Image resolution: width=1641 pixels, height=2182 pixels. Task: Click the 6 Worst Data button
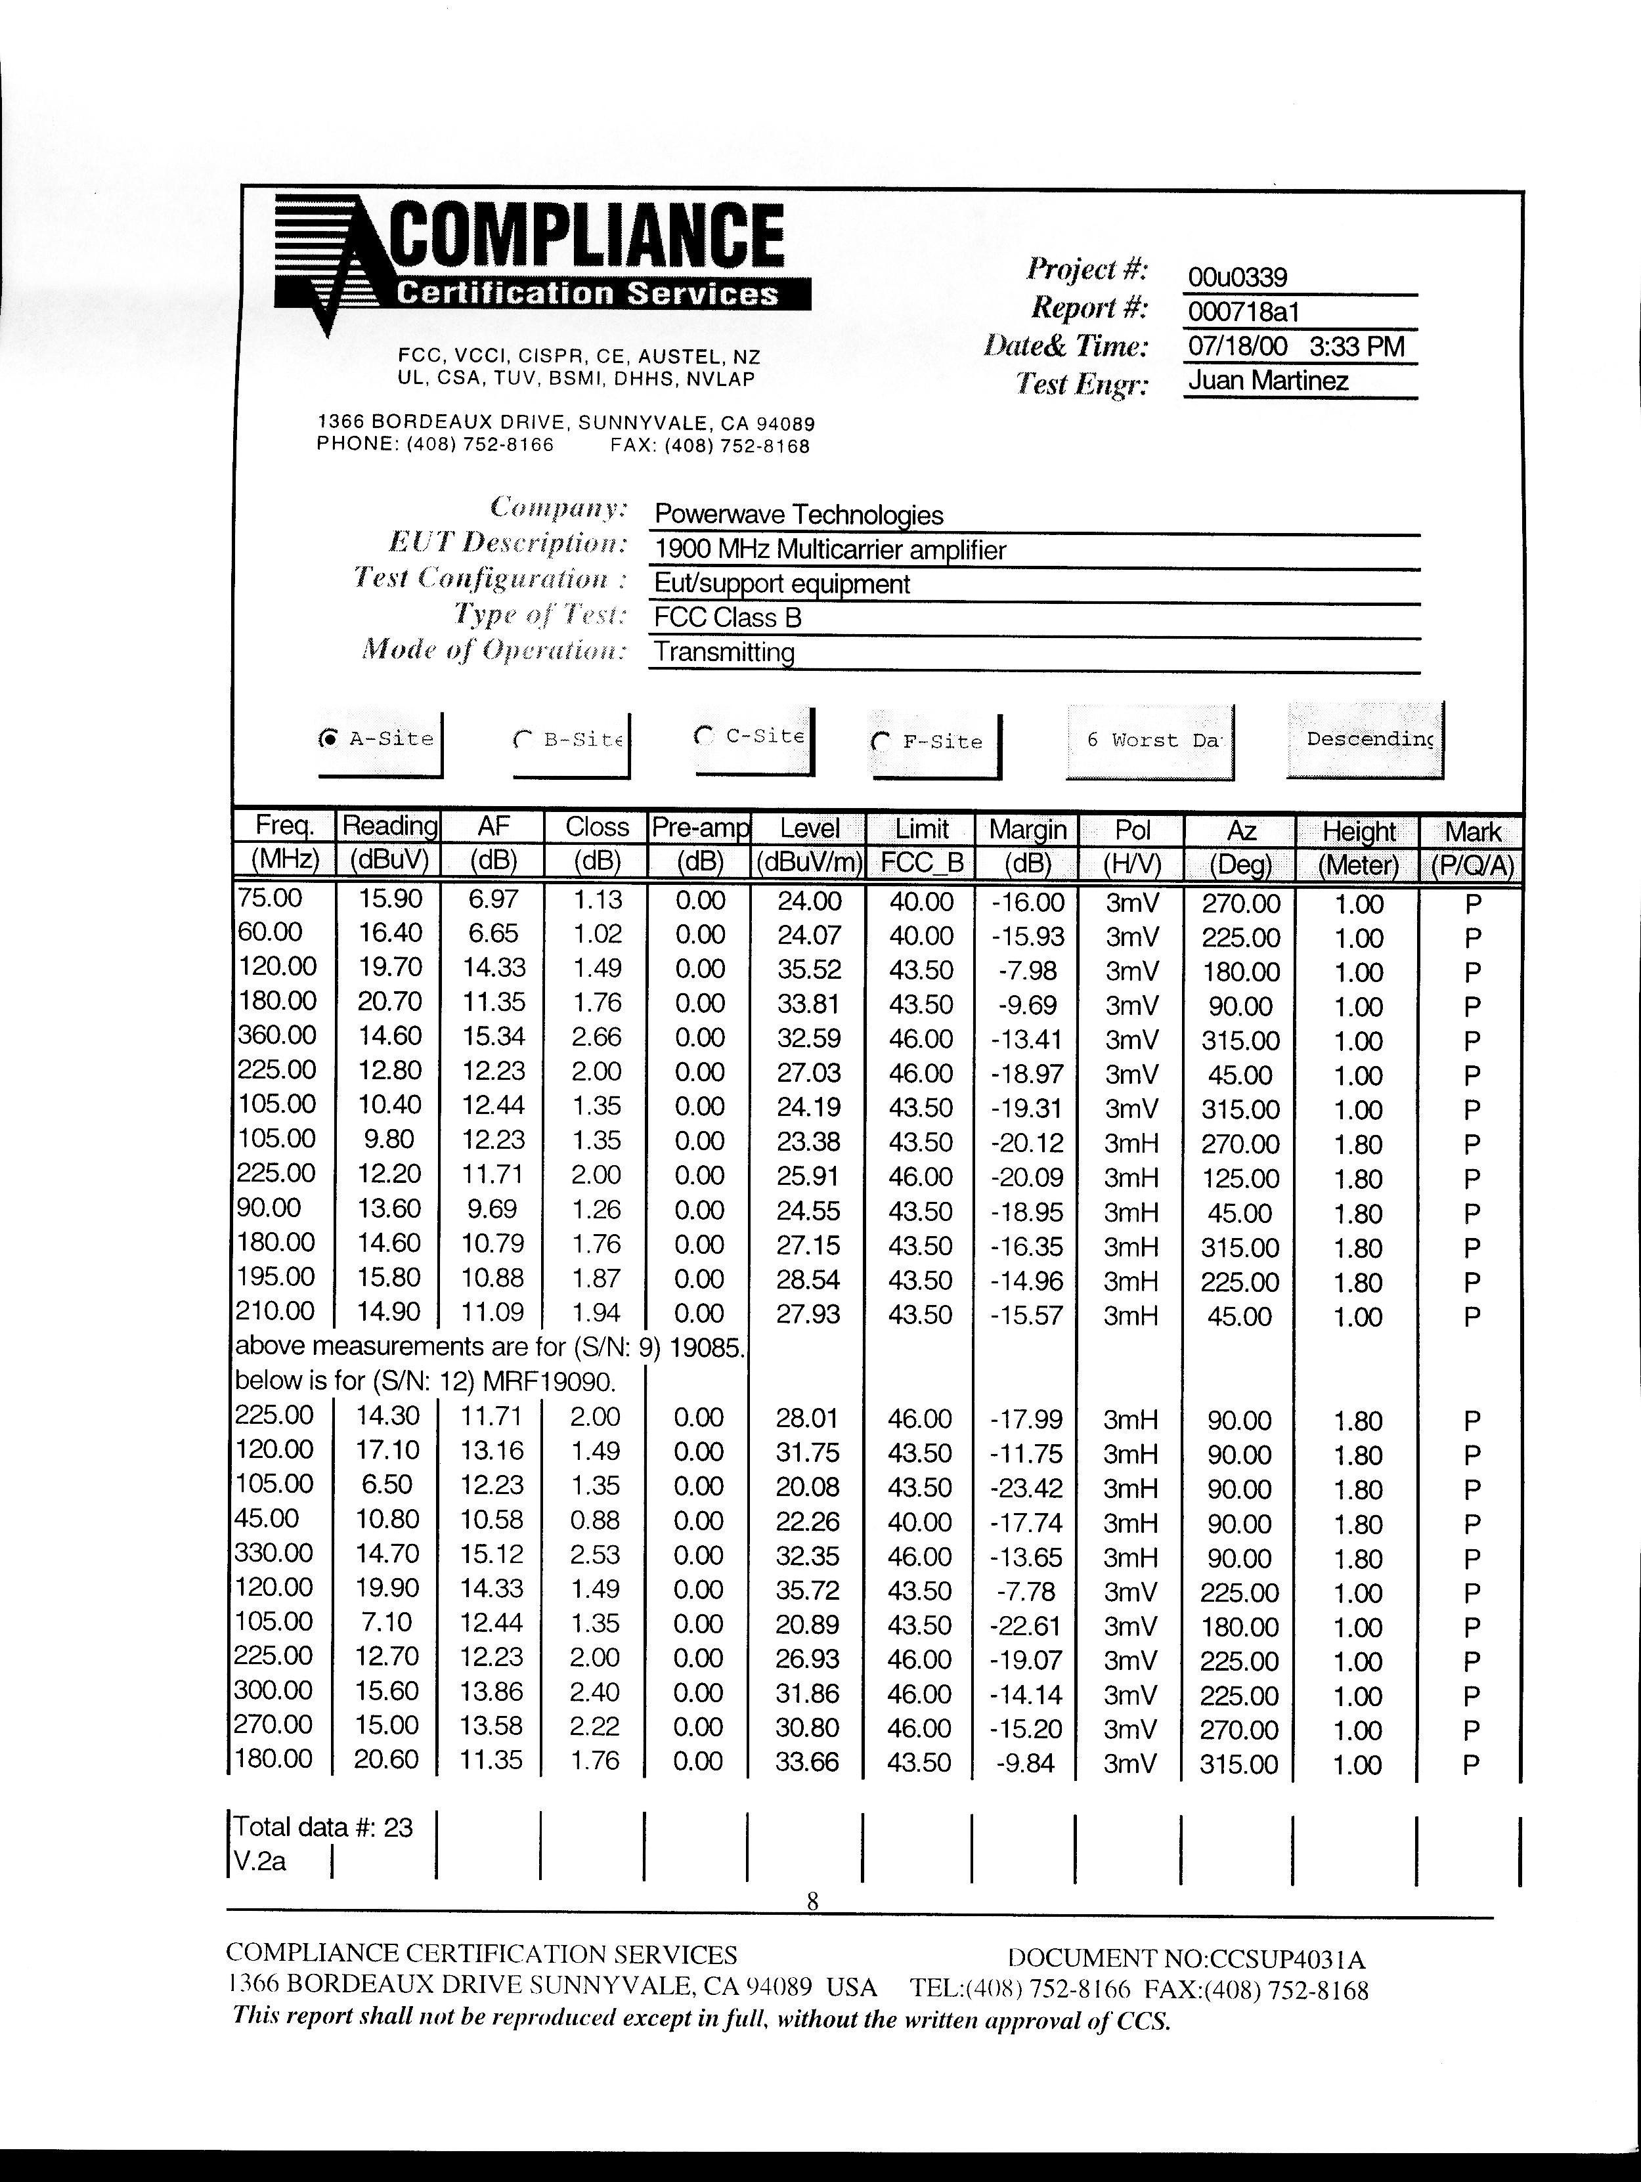(1150, 740)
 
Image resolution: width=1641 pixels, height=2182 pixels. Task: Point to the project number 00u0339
(1237, 277)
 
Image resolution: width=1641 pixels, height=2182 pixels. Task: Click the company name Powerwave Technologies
(799, 514)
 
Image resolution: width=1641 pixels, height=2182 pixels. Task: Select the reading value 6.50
(387, 1484)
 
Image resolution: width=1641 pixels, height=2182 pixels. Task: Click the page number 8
(812, 1901)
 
